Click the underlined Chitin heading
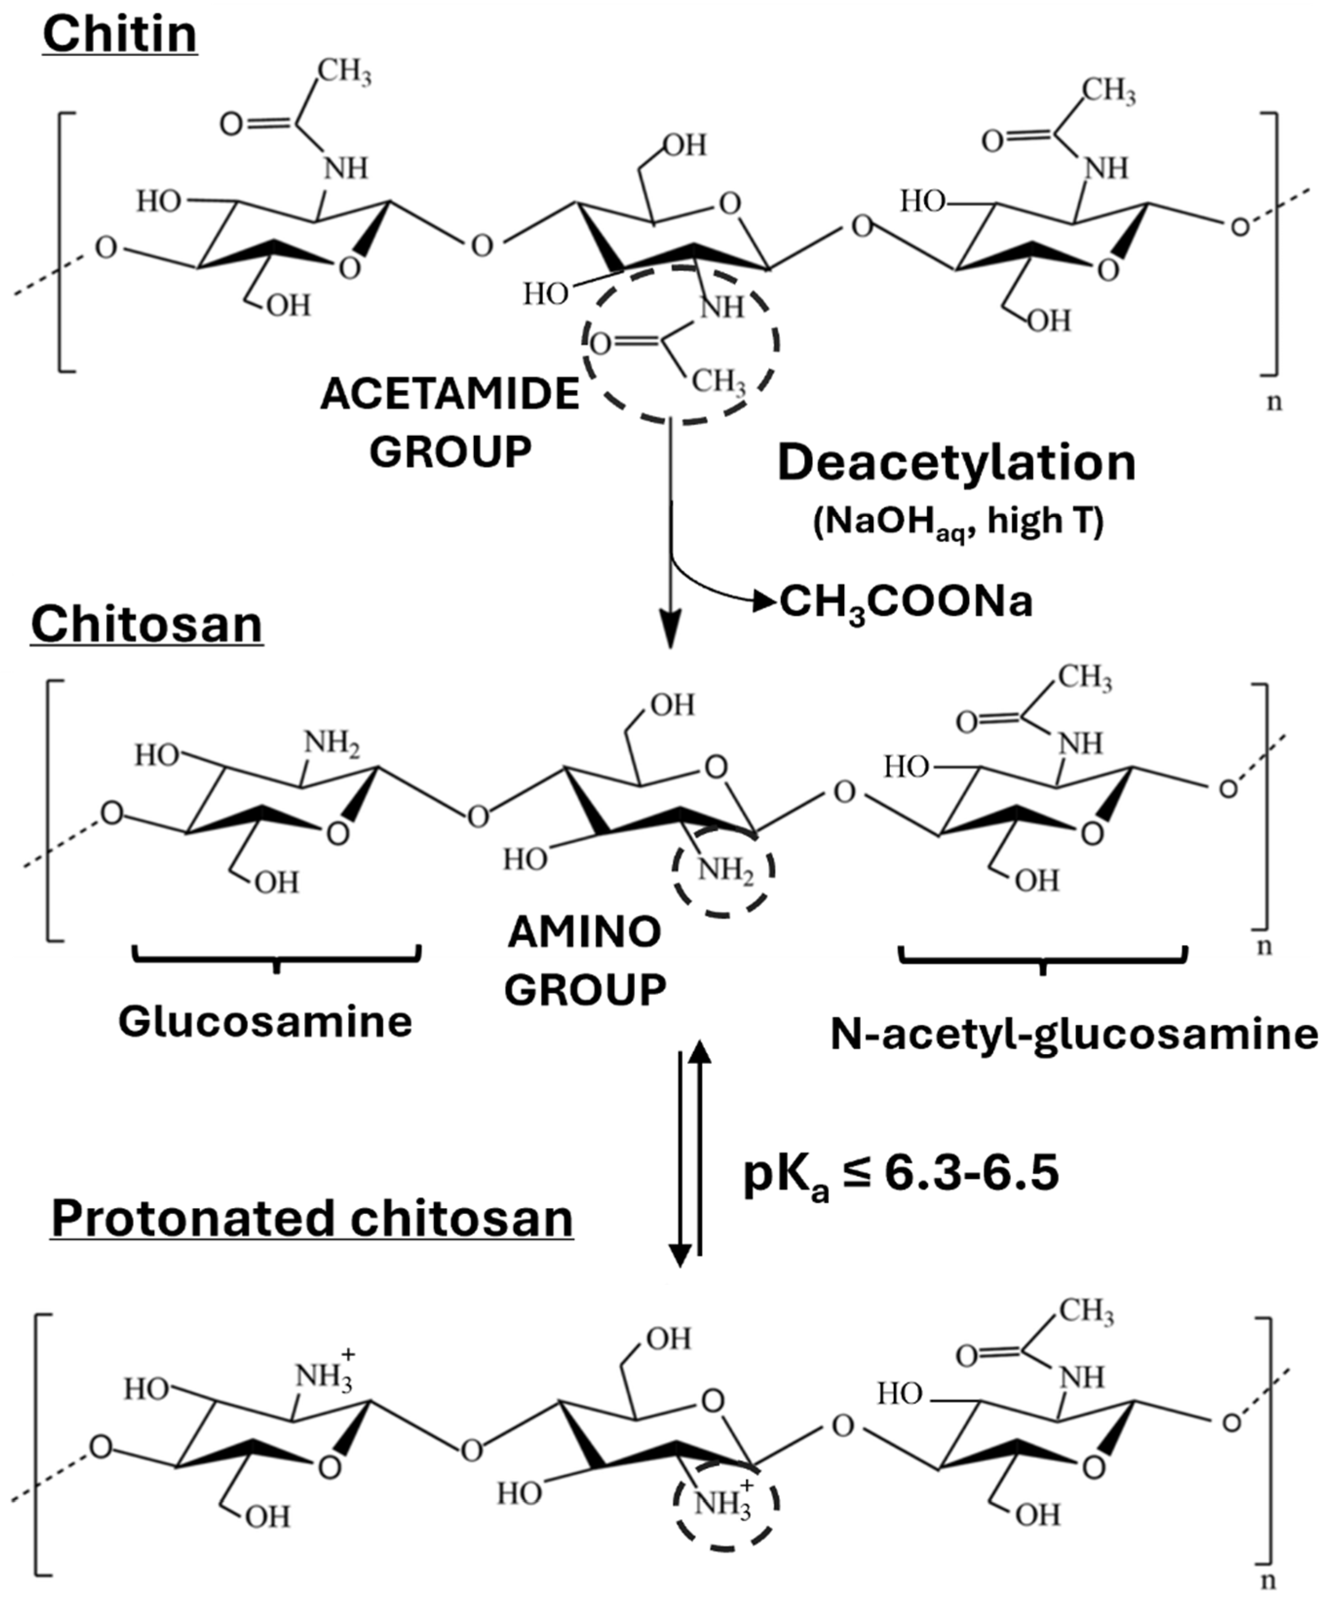click(x=120, y=34)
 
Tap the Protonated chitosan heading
click(x=311, y=1217)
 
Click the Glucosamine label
click(x=265, y=1021)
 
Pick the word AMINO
click(x=584, y=931)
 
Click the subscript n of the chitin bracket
click(x=1273, y=402)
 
